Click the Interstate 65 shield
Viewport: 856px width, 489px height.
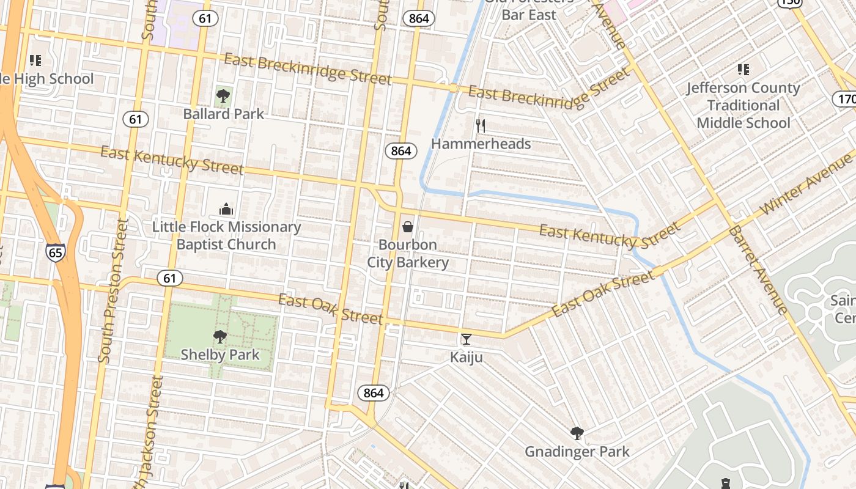(55, 252)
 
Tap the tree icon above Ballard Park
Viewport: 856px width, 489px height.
(223, 96)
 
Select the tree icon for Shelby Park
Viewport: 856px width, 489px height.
(220, 337)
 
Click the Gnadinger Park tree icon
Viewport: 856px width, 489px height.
(577, 434)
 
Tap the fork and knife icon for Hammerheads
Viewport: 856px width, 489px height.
(481, 127)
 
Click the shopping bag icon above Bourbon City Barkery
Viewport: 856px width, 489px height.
(408, 227)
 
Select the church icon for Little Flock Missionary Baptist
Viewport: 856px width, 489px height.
(226, 210)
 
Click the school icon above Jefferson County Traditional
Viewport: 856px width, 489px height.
(743, 70)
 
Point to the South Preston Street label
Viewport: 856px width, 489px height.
(113, 291)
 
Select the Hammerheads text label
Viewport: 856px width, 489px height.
(481, 144)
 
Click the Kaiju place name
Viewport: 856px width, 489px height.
(467, 357)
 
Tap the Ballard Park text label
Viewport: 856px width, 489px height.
(224, 114)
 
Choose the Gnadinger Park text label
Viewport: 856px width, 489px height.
(577, 452)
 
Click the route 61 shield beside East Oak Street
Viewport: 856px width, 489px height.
(169, 278)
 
